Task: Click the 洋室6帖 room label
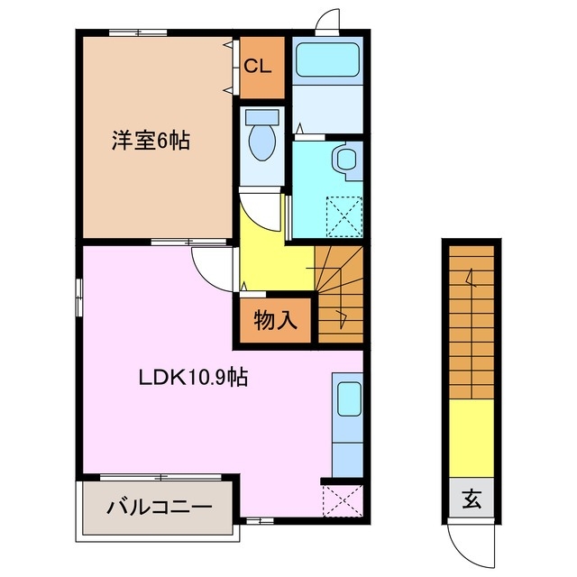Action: coord(151,141)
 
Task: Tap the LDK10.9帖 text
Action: coord(191,377)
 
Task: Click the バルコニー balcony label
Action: coord(160,507)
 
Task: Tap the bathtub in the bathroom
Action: coord(327,60)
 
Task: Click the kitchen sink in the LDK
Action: coord(347,397)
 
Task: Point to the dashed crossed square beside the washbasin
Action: coord(342,214)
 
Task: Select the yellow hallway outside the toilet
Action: coord(275,261)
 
